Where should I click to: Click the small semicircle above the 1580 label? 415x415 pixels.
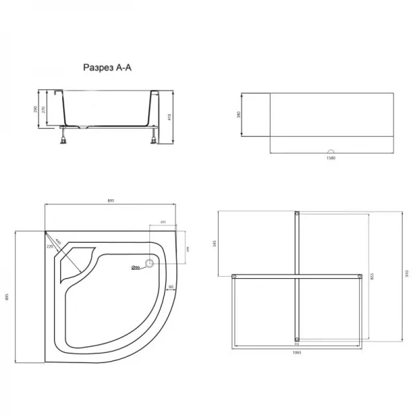[x=331, y=152]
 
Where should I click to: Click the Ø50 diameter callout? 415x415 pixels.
[x=136, y=268]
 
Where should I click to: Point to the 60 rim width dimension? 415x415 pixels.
[x=169, y=286]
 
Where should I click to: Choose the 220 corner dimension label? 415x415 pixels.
[x=49, y=247]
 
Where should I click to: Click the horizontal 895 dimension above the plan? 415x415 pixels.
[x=111, y=201]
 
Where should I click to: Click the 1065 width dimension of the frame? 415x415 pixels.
[x=297, y=352]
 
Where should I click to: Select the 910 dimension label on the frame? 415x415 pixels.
[x=406, y=275]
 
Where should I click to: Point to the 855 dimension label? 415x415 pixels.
[x=372, y=275]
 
